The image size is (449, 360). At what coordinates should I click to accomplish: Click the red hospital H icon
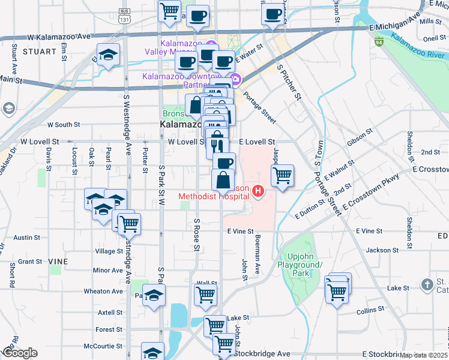point(258,191)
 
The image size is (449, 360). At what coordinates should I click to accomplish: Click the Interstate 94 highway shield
point(379,42)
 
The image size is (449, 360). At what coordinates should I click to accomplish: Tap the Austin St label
point(26,238)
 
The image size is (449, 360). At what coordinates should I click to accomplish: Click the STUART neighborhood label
point(39,52)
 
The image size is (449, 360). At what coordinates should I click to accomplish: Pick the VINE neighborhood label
point(58,262)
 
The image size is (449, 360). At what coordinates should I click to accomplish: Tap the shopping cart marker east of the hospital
point(282,176)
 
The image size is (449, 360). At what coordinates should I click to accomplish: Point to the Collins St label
point(370,310)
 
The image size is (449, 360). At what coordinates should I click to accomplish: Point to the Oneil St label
point(434,38)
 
